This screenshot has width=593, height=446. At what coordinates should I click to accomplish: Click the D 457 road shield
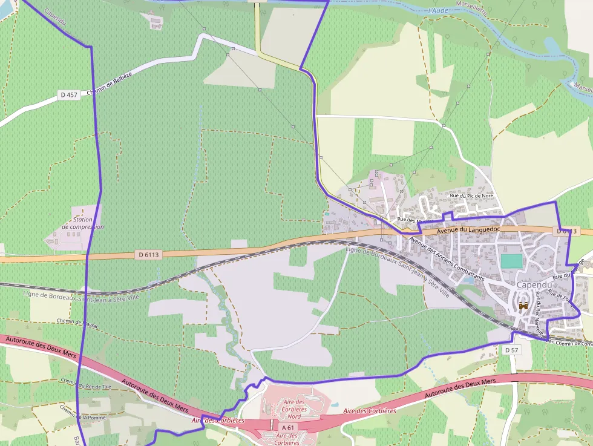pos(69,95)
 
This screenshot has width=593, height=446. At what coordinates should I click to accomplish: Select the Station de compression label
pos(83,223)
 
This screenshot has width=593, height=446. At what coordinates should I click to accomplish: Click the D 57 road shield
pos(511,350)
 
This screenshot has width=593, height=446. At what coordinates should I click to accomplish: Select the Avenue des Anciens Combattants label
pos(447,258)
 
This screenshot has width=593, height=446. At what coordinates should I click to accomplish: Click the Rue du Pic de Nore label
pos(471,196)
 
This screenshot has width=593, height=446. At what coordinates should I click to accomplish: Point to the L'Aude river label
pos(437,11)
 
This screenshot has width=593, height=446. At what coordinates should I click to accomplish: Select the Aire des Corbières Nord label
pos(294,409)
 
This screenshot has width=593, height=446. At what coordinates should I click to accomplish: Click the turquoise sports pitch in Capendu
pos(512,261)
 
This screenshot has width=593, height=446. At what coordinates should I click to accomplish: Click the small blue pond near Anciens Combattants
pos(467,280)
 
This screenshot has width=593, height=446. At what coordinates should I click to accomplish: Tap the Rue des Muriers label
pos(407,219)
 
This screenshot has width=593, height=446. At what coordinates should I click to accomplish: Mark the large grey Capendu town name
pos(532,285)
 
